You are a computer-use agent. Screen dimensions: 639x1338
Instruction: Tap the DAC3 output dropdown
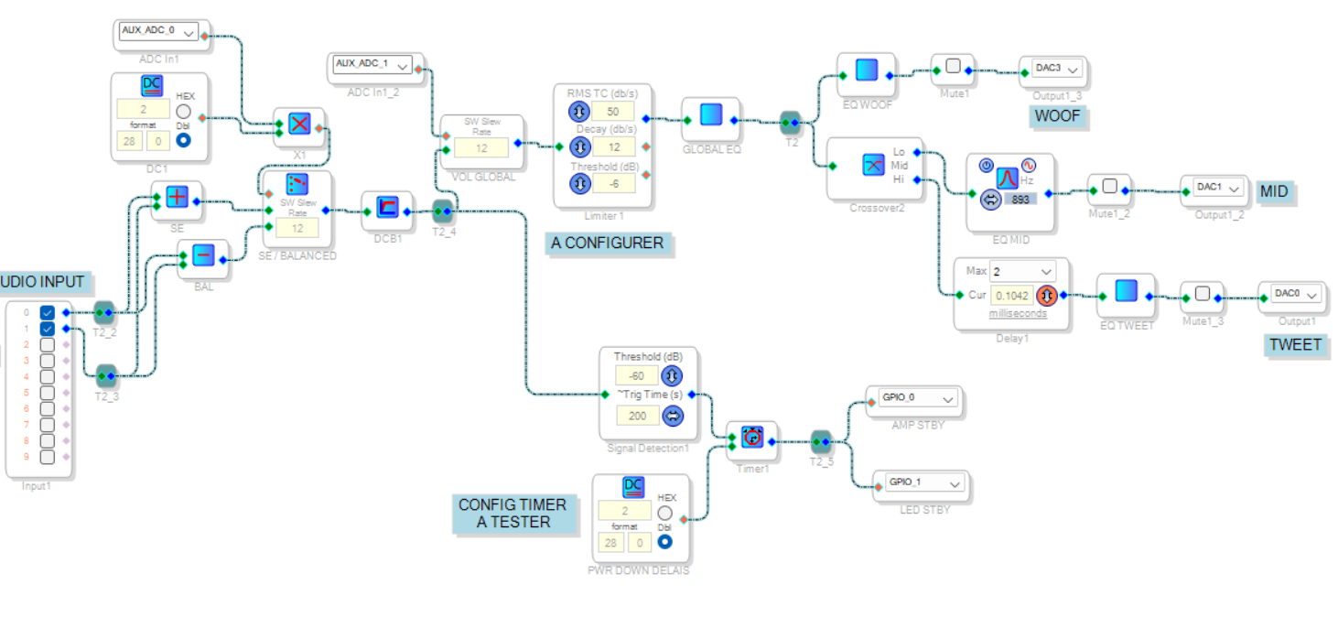pyautogui.click(x=1058, y=68)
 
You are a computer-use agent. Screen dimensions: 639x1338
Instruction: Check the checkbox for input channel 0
pyautogui.click(x=48, y=313)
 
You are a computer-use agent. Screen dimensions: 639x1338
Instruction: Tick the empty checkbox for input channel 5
pyautogui.click(x=48, y=393)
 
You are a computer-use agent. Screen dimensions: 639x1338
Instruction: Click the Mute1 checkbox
pyautogui.click(x=953, y=66)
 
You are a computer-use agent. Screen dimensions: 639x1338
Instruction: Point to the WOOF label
pyautogui.click(x=1057, y=116)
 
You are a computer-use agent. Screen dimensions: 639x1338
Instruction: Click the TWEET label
pyautogui.click(x=1295, y=345)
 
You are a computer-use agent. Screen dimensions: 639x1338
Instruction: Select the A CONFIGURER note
pyautogui.click(x=608, y=243)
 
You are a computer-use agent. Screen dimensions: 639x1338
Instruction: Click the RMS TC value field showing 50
pyautogui.click(x=613, y=112)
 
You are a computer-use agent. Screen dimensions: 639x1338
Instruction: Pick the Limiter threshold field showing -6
pyautogui.click(x=613, y=183)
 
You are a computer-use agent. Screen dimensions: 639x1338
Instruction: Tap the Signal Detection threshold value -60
pyautogui.click(x=637, y=375)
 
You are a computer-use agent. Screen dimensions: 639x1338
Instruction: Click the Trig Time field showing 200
pyautogui.click(x=637, y=416)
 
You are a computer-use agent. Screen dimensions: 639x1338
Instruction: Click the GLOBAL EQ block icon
pyautogui.click(x=711, y=114)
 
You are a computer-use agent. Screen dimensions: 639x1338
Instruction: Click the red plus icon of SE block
pyautogui.click(x=177, y=196)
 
